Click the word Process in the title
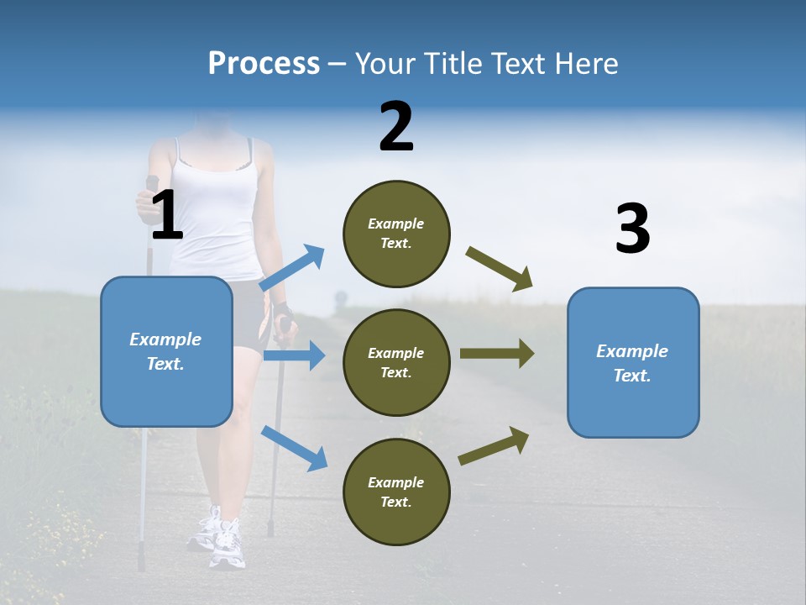(x=264, y=64)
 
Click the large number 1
(x=167, y=216)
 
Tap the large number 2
(x=396, y=127)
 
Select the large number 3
(x=632, y=229)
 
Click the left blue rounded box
(x=166, y=351)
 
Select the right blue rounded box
(x=633, y=362)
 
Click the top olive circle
(x=396, y=234)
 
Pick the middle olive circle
(x=396, y=362)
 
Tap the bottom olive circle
(x=396, y=492)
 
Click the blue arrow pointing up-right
(x=293, y=268)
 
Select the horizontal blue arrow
(x=294, y=355)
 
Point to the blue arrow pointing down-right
(x=295, y=448)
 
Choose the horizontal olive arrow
(x=496, y=354)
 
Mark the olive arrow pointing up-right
(x=495, y=445)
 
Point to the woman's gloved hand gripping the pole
(x=284, y=316)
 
